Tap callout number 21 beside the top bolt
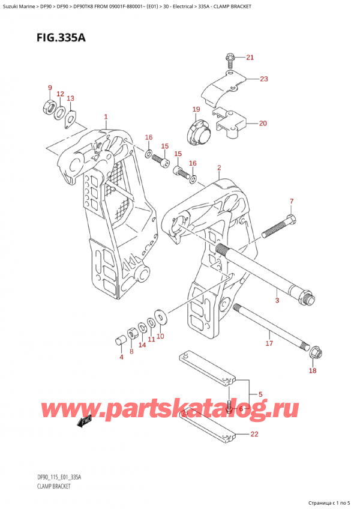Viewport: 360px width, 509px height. coord(250,58)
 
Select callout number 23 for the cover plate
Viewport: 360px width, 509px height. coord(264,79)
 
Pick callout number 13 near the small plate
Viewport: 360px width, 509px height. coord(70,98)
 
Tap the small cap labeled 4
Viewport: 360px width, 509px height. coord(119,342)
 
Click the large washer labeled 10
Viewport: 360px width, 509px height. coord(161,315)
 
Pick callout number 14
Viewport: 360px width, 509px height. coord(142,345)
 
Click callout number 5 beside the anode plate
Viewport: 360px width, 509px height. coord(260,394)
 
